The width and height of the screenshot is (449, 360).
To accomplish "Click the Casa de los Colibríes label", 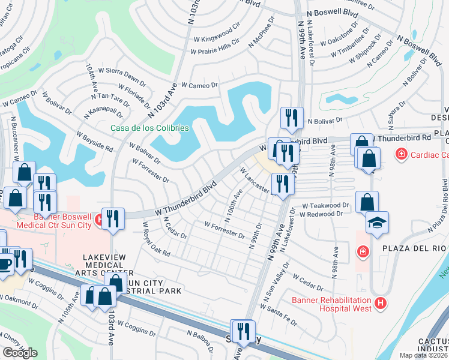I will click(150, 128).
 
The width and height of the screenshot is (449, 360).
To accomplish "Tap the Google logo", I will click(20, 353).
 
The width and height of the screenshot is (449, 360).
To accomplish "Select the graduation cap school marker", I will click(377, 223).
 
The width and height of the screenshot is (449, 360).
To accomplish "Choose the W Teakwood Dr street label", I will click(325, 205).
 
